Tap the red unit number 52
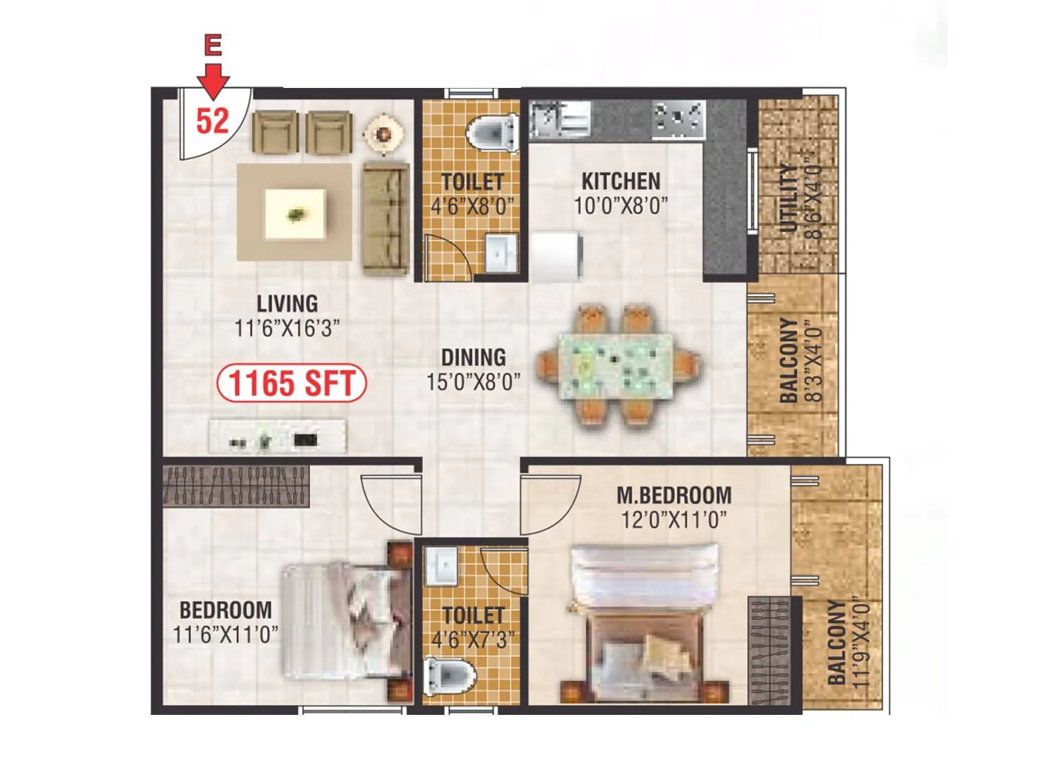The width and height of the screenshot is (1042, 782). (213, 121)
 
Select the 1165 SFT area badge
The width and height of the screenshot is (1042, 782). (291, 383)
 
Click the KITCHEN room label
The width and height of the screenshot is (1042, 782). (621, 181)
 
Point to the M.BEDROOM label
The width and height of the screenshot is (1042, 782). (674, 495)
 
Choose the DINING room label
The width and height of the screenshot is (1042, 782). (473, 357)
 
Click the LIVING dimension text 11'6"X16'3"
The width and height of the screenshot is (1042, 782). (287, 328)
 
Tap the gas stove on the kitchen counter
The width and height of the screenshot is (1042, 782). (679, 119)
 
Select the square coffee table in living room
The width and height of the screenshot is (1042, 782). (295, 214)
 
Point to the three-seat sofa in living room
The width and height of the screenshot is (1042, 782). (385, 218)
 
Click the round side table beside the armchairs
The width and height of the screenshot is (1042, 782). (384, 134)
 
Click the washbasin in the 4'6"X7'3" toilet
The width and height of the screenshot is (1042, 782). (442, 565)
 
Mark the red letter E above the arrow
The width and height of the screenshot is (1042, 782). (213, 45)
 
